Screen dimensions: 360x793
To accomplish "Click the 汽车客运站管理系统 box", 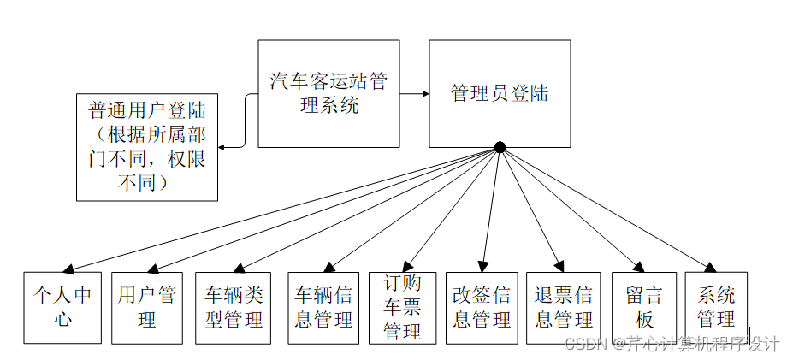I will [328, 93].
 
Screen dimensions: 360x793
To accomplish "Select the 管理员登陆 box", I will [500, 93].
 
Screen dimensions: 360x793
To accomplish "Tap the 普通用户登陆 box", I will [147, 146].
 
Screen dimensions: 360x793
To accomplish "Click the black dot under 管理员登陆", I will [500, 147].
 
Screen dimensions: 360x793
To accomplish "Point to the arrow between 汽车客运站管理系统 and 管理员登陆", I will [414, 93].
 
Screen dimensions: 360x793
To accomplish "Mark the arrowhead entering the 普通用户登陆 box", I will [222, 147].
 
